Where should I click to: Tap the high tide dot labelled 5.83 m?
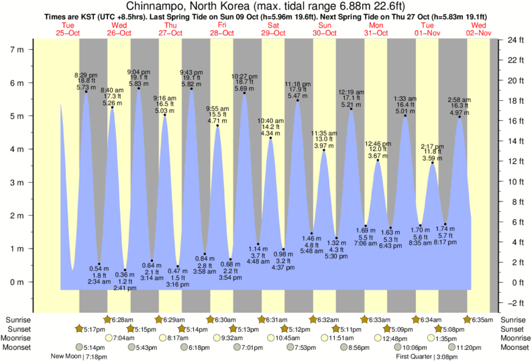[139, 88]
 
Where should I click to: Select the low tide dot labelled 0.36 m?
[125, 269]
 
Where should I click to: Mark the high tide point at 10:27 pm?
[244, 93]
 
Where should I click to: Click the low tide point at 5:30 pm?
[337, 238]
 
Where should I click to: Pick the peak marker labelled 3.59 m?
[433, 163]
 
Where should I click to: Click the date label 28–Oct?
[221, 33]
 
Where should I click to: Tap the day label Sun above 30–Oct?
[325, 26]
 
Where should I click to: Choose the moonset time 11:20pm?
[470, 348]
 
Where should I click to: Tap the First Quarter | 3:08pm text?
[428, 357]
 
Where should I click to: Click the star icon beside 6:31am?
[260, 320]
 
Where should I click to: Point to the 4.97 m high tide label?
[460, 113]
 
